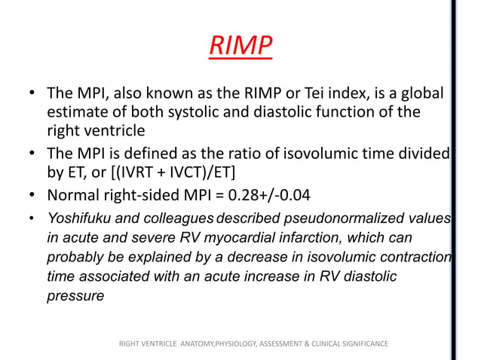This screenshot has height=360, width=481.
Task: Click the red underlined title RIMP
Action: [x=240, y=47]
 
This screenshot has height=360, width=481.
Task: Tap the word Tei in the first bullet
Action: [x=345, y=96]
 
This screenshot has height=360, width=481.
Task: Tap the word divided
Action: [x=425, y=154]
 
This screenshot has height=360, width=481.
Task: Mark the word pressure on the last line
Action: [x=75, y=297]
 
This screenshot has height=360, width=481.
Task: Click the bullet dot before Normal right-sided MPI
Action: [x=33, y=197]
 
